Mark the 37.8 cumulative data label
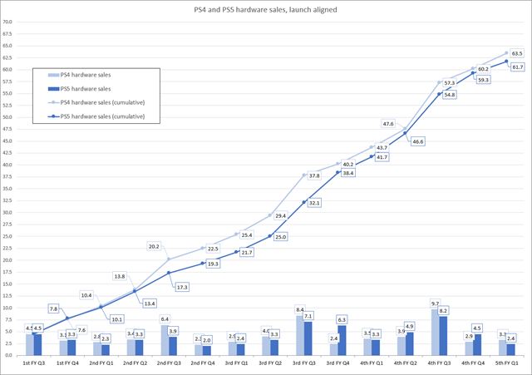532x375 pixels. tap(314, 175)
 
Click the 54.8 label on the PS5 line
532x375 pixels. tap(447, 96)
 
